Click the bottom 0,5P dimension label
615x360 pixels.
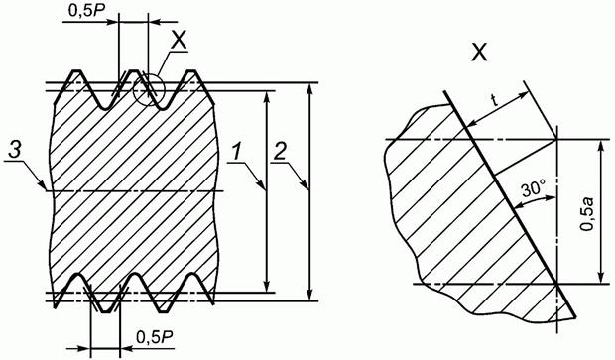click(155, 337)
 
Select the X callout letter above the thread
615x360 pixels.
click(178, 40)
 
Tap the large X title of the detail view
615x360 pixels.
click(479, 52)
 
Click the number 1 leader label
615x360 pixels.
click(236, 152)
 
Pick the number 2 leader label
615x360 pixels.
click(280, 152)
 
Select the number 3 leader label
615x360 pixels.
click(14, 152)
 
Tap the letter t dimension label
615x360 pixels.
click(495, 101)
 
